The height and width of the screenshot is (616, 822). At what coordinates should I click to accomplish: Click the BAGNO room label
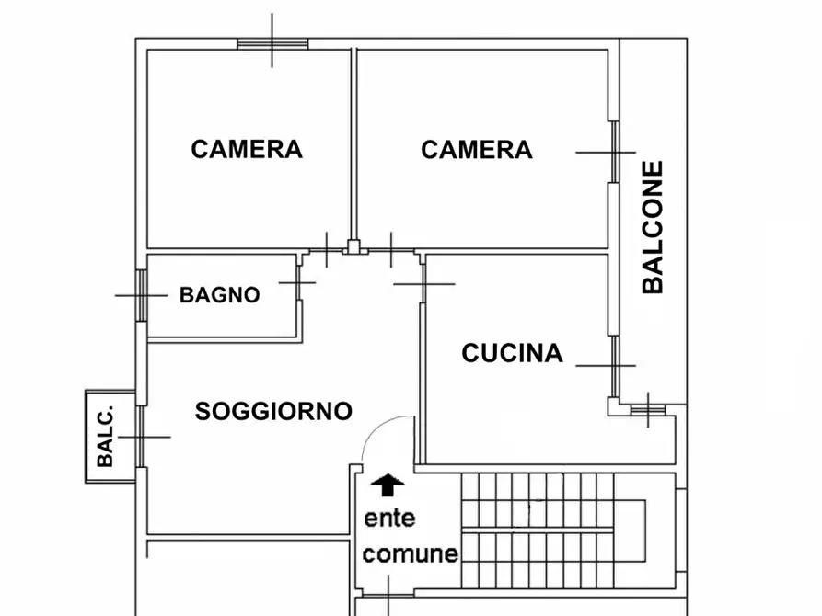coord(219,295)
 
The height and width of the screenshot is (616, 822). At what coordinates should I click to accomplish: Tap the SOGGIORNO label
coord(273,411)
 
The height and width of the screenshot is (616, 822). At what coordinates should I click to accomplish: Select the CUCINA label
coord(512,353)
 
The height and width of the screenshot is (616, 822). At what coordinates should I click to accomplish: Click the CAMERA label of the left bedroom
coord(247,149)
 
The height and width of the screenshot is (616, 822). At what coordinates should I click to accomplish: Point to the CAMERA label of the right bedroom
coord(477,149)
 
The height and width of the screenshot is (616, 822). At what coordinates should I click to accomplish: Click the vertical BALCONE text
coord(653,227)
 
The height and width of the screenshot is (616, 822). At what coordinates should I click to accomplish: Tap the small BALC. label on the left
coord(106,437)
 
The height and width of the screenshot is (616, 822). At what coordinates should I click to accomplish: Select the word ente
coord(389,519)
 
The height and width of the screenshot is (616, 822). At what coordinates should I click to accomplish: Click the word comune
coord(410,553)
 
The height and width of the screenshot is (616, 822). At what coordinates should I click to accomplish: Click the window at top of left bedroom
coord(272,42)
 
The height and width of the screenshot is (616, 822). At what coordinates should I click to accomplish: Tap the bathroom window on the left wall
coord(141,295)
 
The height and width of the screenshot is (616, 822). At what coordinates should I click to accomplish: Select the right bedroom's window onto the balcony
coord(612,152)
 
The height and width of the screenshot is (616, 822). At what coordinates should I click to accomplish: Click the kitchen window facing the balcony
coord(612,365)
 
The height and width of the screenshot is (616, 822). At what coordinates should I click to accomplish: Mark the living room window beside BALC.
coord(140,437)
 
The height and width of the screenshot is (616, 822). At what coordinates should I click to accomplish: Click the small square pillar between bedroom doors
coord(353,247)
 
